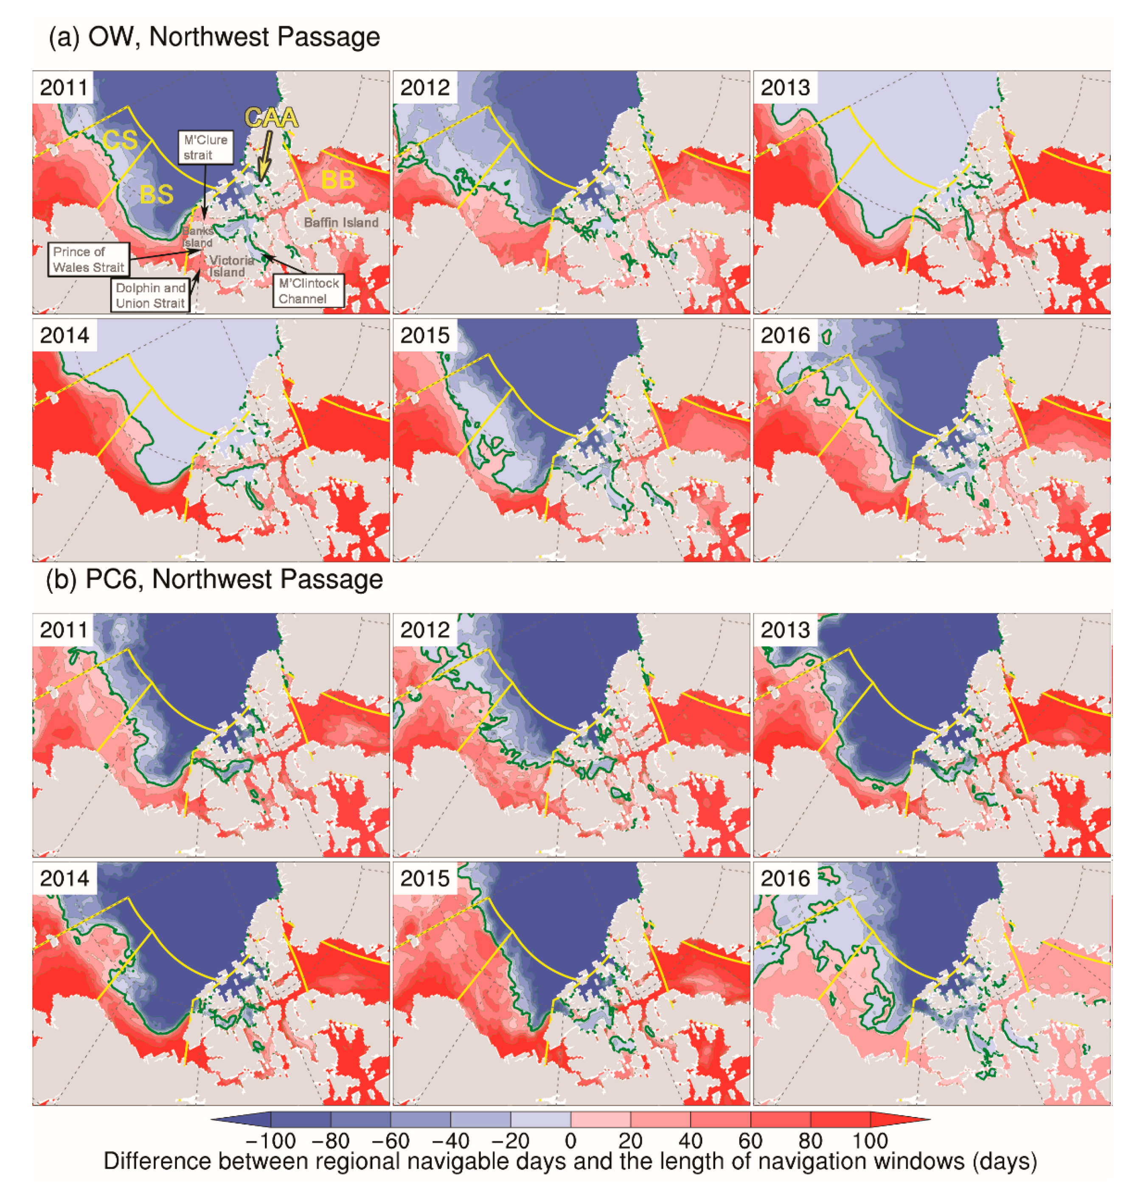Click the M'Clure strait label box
(x=205, y=147)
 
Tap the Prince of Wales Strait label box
(x=88, y=259)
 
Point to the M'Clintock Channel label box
(x=309, y=291)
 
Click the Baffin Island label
(x=341, y=222)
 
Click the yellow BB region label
(x=337, y=180)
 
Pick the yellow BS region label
(x=156, y=194)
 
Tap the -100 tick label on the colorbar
(x=270, y=1141)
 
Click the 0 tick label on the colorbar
(x=570, y=1141)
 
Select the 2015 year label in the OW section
(x=425, y=335)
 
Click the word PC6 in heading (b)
(x=112, y=579)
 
